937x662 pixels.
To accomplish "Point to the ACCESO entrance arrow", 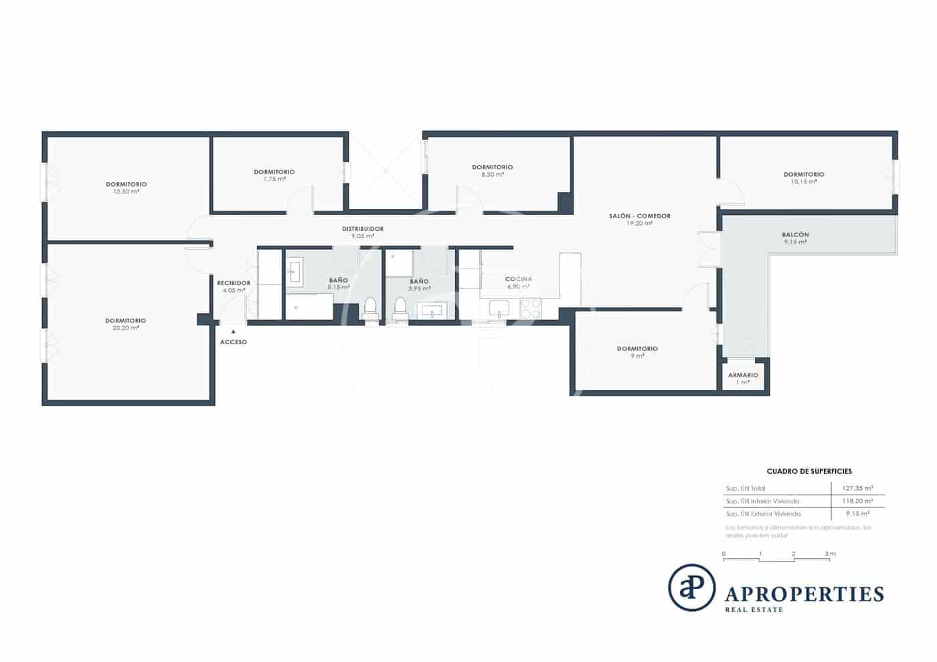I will [x=233, y=331].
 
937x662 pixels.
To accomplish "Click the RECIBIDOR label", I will [x=234, y=283].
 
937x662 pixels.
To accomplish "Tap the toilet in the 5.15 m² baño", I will [x=370, y=310].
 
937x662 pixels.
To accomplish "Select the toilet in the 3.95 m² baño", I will [x=400, y=310].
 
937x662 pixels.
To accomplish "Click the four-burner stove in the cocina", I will [x=531, y=309].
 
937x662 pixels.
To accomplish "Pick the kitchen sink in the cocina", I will [x=499, y=309].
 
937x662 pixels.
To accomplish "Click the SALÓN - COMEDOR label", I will [x=639, y=216].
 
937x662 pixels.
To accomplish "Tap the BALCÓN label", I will [x=795, y=235].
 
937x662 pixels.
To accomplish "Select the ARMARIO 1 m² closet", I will [x=743, y=378].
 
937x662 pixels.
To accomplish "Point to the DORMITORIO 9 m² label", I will [x=637, y=349].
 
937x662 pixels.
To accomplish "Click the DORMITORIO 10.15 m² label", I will [x=804, y=175].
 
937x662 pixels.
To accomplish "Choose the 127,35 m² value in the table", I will [x=857, y=489].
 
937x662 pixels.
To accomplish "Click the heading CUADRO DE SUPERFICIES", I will [x=808, y=471].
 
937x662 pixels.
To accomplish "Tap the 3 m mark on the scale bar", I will [x=830, y=554].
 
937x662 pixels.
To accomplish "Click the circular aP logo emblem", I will [x=691, y=588].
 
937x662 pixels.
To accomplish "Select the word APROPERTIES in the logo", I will [x=804, y=594].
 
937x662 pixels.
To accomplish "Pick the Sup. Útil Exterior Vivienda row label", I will [x=763, y=514].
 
